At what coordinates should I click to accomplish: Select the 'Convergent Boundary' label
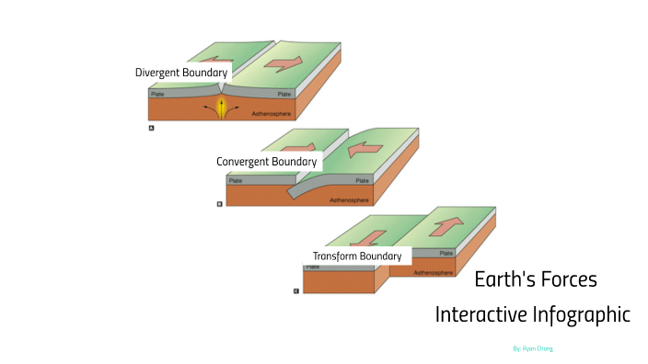click(x=267, y=162)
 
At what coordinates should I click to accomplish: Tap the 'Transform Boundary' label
click(x=357, y=256)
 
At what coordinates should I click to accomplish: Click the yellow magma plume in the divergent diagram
click(x=221, y=108)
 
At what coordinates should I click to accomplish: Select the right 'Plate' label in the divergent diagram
click(x=284, y=94)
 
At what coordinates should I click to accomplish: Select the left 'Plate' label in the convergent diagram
click(x=236, y=181)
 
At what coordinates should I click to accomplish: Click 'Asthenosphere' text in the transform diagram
click(x=433, y=272)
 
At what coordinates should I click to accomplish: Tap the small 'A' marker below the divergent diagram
click(x=150, y=130)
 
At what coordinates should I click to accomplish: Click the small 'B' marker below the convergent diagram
click(x=219, y=204)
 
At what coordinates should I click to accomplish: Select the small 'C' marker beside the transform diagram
click(x=295, y=290)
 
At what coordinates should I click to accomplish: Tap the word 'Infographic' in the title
click(x=582, y=314)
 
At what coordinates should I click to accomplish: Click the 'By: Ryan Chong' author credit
click(x=532, y=349)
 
